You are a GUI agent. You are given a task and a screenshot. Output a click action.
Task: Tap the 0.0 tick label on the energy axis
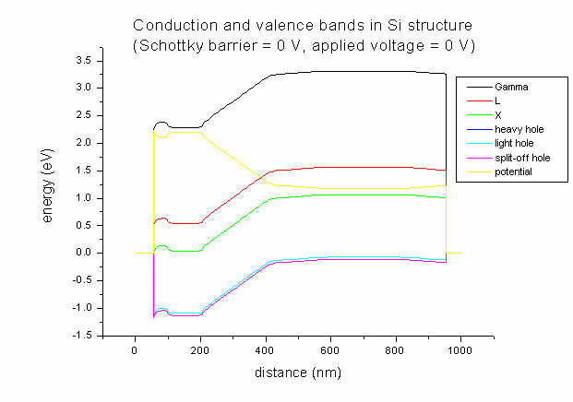(83, 253)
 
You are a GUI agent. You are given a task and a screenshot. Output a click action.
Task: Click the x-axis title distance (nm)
(298, 373)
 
